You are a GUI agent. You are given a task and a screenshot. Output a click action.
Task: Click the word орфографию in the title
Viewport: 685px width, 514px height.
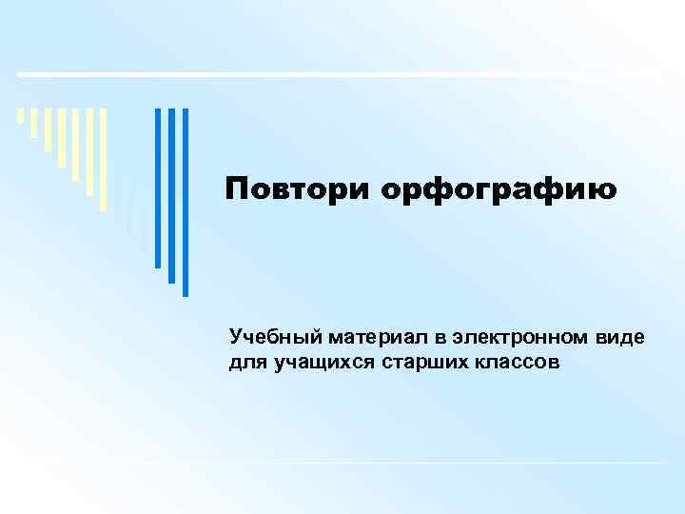click(x=499, y=191)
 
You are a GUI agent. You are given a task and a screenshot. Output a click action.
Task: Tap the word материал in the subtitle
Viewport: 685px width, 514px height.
click(x=366, y=338)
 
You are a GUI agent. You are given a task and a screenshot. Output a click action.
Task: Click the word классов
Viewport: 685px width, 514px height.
click(x=513, y=363)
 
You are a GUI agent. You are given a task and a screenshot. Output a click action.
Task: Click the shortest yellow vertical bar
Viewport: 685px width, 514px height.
click(x=21, y=117)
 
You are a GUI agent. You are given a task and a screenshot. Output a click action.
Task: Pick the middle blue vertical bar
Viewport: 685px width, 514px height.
click(x=172, y=195)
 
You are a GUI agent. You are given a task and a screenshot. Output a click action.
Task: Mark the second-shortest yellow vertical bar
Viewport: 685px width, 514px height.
click(x=34, y=123)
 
